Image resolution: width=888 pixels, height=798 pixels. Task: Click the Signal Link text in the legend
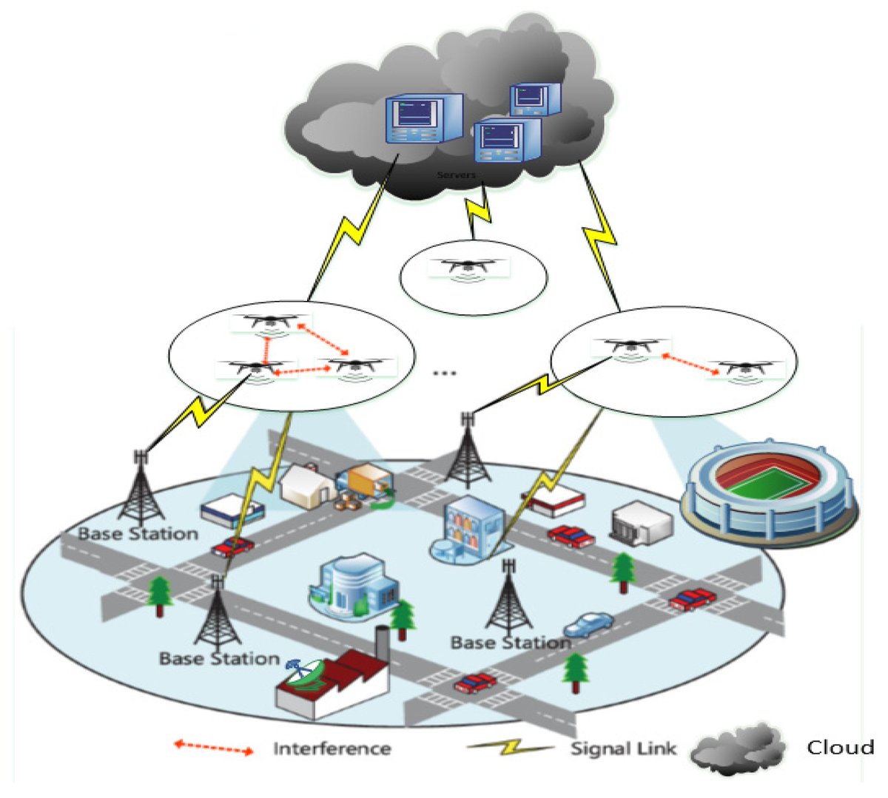pyautogui.click(x=622, y=748)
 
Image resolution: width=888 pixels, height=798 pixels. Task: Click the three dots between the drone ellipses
pyautogui.click(x=444, y=372)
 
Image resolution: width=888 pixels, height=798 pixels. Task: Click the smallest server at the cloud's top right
pyautogui.click(x=535, y=98)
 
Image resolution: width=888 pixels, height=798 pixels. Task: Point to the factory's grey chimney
pyautogui.click(x=382, y=643)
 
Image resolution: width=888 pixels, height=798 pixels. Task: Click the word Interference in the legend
pyautogui.click(x=332, y=748)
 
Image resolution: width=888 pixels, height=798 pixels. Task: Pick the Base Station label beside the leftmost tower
pyautogui.click(x=138, y=533)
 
